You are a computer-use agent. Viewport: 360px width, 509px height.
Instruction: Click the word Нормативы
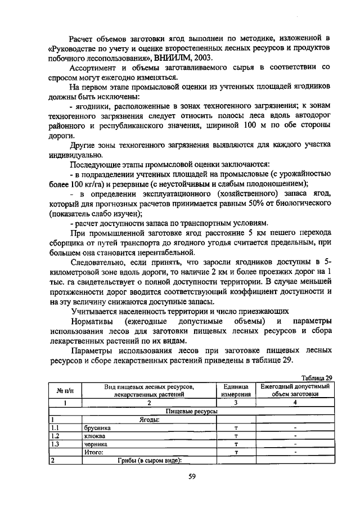point(93,321)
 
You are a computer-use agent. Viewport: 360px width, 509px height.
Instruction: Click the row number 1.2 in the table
point(55,435)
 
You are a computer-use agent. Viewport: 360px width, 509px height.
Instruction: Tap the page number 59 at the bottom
point(191,477)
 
